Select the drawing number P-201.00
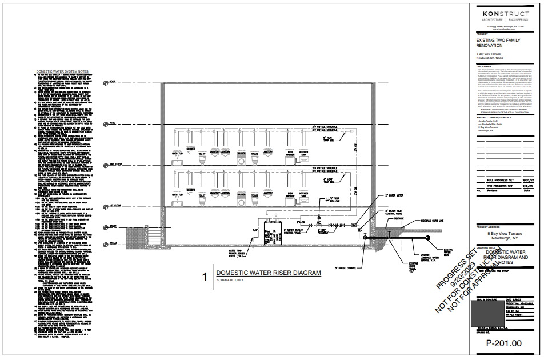503,343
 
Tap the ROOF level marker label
112,82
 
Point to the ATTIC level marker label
112,122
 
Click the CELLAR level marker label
113,244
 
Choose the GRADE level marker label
113,227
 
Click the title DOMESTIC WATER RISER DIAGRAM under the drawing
269,273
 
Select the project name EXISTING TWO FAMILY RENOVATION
498,43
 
